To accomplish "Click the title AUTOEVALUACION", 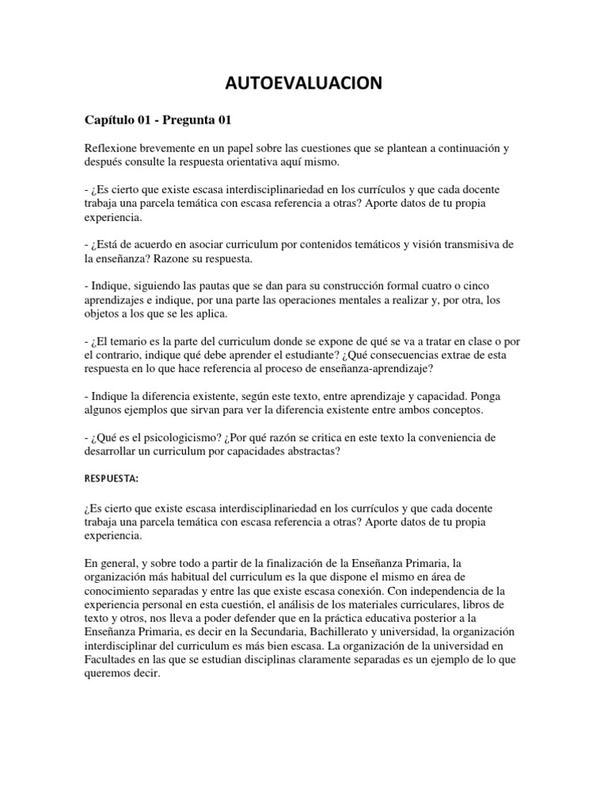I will [303, 82].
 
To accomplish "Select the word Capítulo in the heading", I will [112, 119].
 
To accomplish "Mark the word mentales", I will [356, 300].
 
